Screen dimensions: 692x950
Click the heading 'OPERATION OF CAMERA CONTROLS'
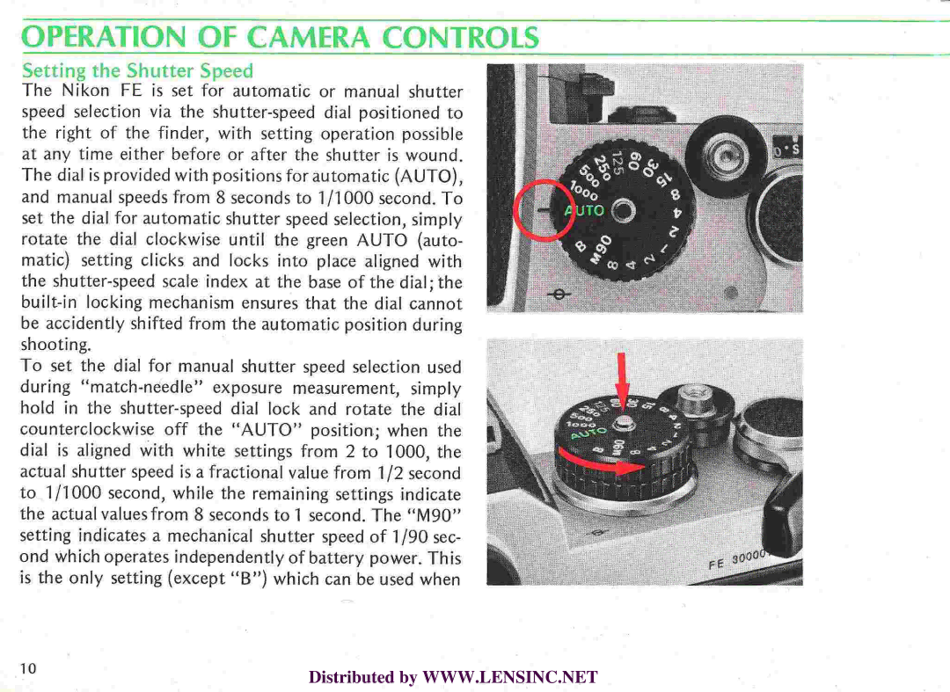pos(280,39)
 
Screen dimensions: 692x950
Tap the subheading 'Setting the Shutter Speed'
pos(137,70)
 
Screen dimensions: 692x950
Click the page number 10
pos(29,668)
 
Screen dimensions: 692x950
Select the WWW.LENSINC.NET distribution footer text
pos(453,677)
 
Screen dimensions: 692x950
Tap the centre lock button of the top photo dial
pos(622,211)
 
